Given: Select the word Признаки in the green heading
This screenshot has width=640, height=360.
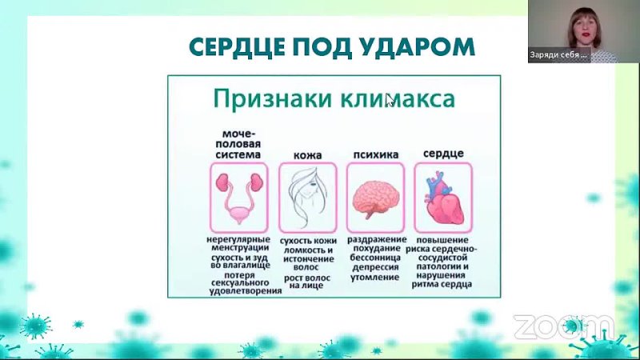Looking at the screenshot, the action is tap(272, 98).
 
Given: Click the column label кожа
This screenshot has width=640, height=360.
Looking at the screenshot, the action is tap(308, 155).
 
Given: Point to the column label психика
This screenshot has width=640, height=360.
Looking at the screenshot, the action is tap(376, 154).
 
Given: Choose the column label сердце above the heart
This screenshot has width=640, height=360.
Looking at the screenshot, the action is tap(443, 154).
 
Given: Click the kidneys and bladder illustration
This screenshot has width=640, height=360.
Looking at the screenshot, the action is tap(239, 198).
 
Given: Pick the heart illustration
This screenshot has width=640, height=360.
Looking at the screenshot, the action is tap(443, 198).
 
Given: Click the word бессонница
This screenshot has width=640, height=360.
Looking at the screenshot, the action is tap(375, 258).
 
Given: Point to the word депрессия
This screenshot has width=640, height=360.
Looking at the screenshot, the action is tap(375, 268).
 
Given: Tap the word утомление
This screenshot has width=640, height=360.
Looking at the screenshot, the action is tap(374, 278).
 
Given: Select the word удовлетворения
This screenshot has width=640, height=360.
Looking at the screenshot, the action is tap(246, 291).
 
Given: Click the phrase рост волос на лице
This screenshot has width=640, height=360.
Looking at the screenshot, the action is tap(307, 282).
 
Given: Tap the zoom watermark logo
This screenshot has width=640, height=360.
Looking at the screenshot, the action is tap(563, 326).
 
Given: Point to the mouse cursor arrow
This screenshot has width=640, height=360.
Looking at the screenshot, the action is tap(390, 100).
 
